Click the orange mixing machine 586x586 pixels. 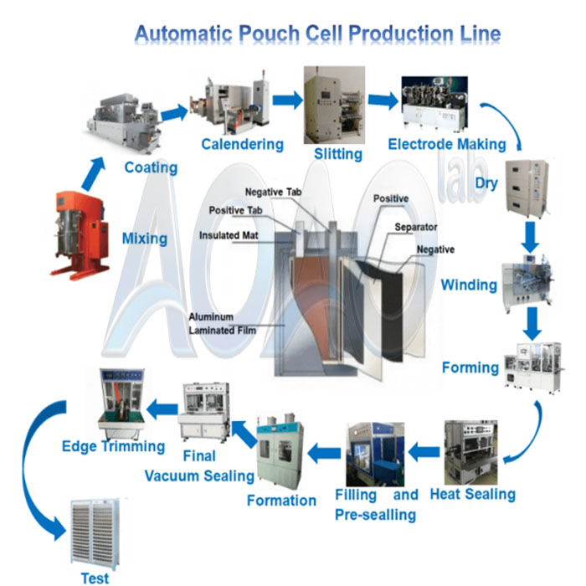pos(80,235)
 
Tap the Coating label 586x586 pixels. pos(151,167)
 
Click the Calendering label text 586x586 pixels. pos(242,144)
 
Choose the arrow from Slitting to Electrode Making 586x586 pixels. pos(383,100)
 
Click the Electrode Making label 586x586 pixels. pos(446,144)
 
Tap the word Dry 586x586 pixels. pos(487,182)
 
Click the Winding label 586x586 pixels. pos(469,285)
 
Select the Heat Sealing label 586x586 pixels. pos(472,494)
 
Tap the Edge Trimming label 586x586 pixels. pos(113,446)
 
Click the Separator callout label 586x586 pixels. pos(415,227)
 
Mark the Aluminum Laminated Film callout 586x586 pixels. pos(222,324)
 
